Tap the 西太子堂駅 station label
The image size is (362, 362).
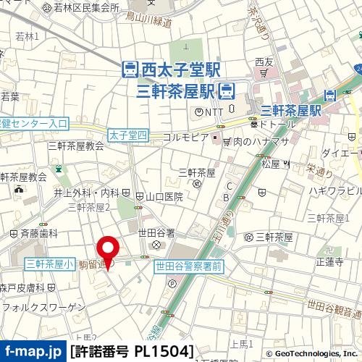pyautogui.click(x=171, y=70)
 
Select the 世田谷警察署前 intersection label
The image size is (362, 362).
pyautogui.click(x=188, y=267)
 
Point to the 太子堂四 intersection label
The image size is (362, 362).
pyautogui.click(x=127, y=135)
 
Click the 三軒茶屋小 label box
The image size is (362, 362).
pyautogui.click(x=49, y=265)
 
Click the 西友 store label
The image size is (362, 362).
pyautogui.click(x=264, y=62)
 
